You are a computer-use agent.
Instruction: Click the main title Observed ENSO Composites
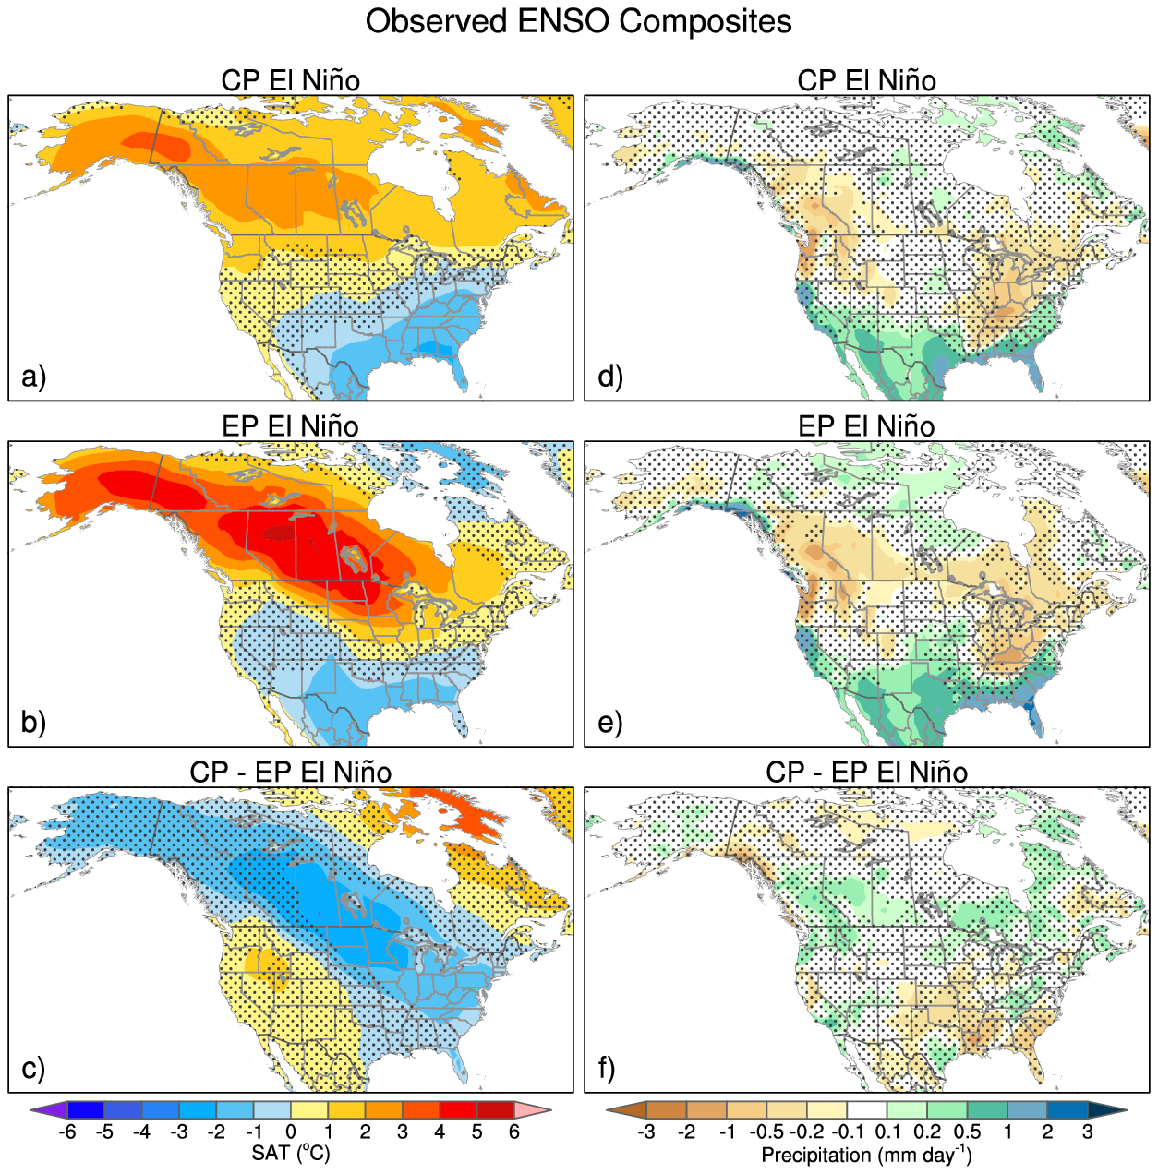point(578,21)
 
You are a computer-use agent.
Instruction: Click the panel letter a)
point(33,377)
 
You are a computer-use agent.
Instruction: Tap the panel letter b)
point(33,722)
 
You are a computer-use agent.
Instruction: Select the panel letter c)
point(33,1068)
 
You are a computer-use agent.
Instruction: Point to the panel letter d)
point(610,377)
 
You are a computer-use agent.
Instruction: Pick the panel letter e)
point(610,722)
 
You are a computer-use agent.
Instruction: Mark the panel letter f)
point(607,1068)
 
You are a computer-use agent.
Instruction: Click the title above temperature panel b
point(290,426)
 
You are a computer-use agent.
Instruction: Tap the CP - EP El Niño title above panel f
point(866,773)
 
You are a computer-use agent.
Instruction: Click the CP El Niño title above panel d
point(866,81)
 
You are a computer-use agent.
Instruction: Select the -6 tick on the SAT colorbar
point(66,1132)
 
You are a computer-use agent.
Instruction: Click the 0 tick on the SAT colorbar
point(291,1132)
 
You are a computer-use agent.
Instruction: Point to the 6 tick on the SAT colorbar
point(514,1132)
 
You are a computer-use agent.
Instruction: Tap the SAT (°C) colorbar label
point(290,1154)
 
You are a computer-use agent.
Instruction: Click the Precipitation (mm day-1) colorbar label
point(866,1155)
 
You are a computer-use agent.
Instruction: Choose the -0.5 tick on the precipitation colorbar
point(766,1132)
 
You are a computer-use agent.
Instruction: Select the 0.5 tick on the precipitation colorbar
point(967,1132)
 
